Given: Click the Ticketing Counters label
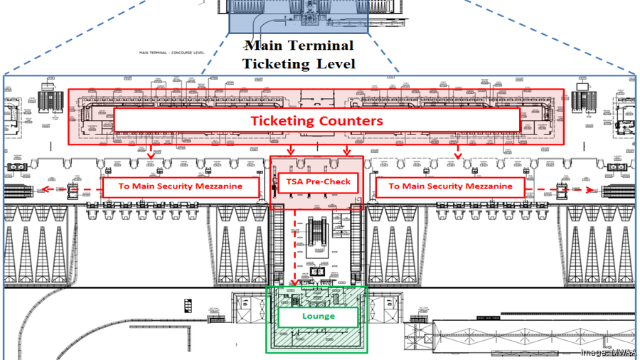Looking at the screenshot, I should click(x=316, y=120).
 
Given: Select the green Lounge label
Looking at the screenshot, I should click(x=318, y=316).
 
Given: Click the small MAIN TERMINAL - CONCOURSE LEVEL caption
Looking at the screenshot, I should click(x=173, y=53).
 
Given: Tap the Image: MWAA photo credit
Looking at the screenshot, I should click(x=609, y=353).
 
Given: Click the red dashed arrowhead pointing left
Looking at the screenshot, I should click(x=43, y=189).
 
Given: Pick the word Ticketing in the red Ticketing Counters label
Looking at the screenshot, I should click(x=283, y=120).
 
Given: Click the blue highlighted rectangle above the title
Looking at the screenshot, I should click(x=298, y=16).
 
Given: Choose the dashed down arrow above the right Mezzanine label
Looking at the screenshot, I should click(x=458, y=151).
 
